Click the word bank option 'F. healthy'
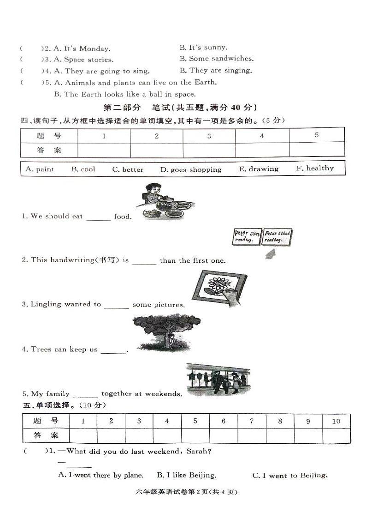pos(315,169)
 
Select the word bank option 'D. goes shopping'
pos(191,169)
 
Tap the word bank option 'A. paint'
pos(40,169)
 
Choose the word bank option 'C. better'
pos(128,169)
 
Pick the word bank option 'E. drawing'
pos(259,169)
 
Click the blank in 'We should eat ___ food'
pos(98,217)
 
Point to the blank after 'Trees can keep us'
pos(113,350)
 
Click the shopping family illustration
pos(218,380)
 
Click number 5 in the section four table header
pos(317,135)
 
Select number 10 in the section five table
pos(336,421)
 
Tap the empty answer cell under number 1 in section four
pos(104,150)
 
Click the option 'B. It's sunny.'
pos(203,47)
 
